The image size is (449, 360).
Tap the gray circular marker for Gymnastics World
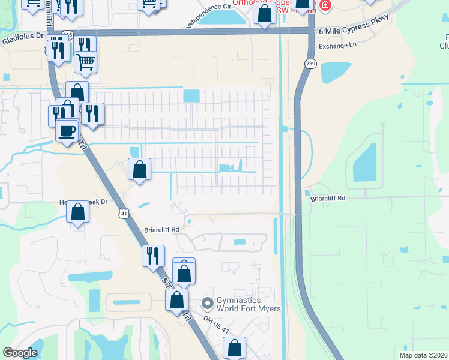(208, 302)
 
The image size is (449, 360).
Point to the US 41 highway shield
(124, 213)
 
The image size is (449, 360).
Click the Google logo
(20, 353)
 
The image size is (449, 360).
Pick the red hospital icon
(325, 5)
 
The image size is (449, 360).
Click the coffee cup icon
(67, 130)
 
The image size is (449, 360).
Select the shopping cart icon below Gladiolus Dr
(86, 61)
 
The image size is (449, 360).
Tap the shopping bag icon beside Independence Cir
(264, 13)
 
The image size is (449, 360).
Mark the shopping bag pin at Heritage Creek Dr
(77, 212)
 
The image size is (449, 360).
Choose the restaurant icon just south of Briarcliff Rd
(153, 256)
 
